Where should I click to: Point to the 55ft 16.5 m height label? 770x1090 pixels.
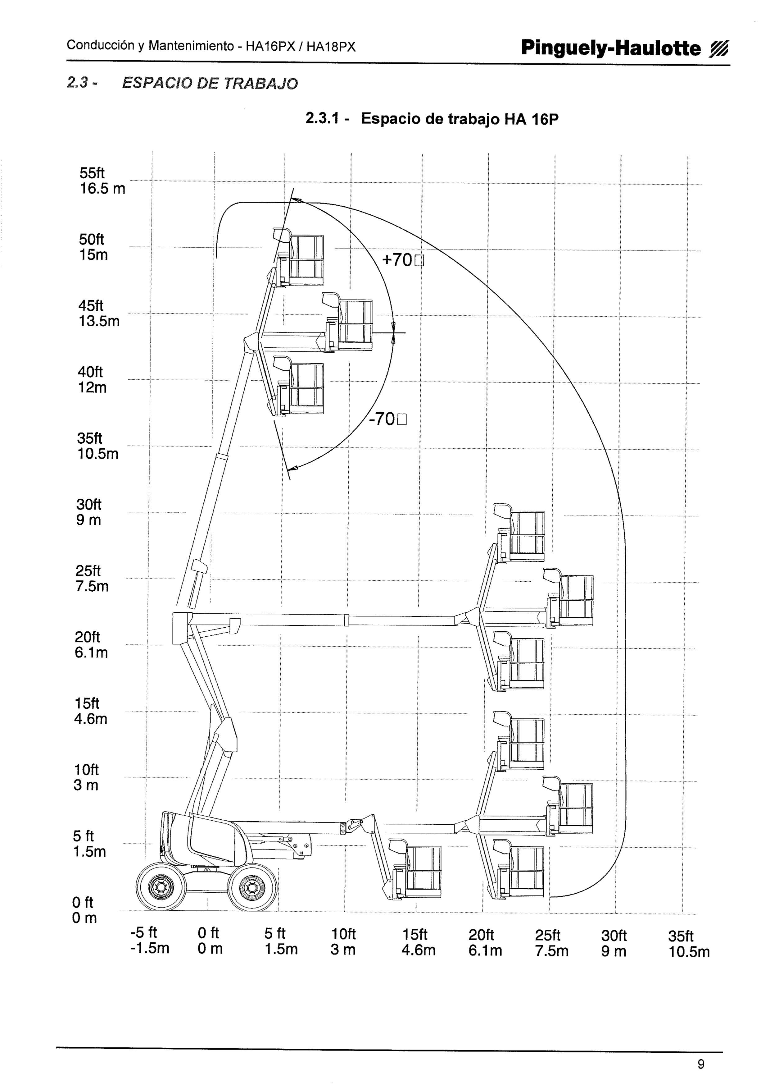click(102, 181)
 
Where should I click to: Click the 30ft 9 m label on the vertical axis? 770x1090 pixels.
click(89, 512)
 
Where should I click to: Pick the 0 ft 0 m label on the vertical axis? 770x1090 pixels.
click(84, 910)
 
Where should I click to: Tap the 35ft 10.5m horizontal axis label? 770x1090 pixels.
click(689, 944)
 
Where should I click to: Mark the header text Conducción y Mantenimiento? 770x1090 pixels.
click(150, 46)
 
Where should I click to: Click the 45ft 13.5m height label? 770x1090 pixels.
click(99, 313)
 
